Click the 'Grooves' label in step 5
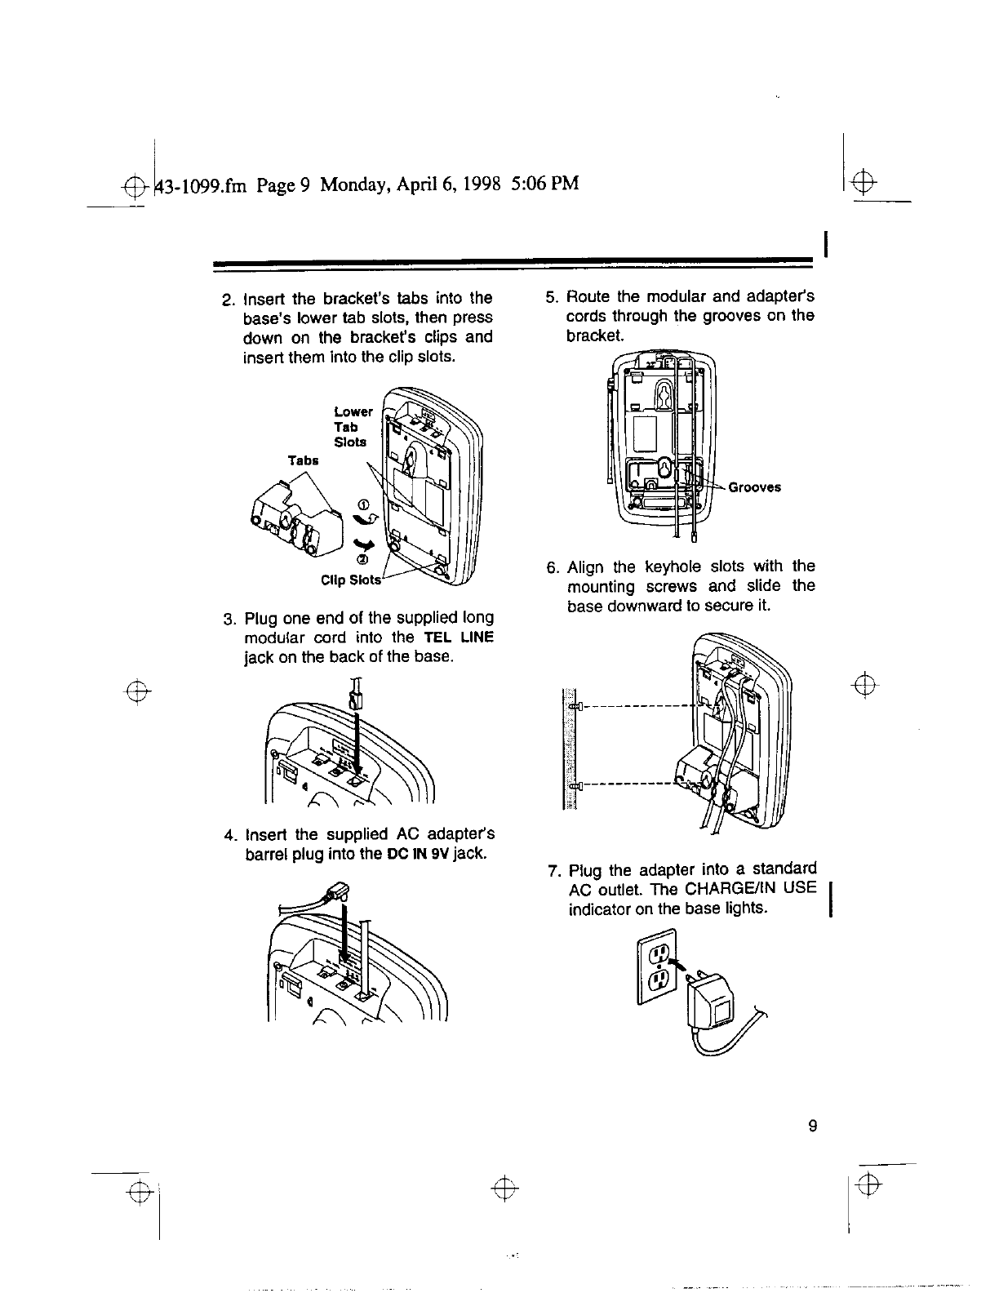(754, 487)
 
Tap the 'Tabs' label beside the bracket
(303, 460)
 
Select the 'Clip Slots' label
(351, 580)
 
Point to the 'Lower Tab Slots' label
(352, 427)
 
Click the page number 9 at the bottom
(811, 1126)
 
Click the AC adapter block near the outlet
(713, 1006)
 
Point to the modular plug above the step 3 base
(354, 696)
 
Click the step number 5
(550, 296)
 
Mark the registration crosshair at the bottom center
(506, 1187)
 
